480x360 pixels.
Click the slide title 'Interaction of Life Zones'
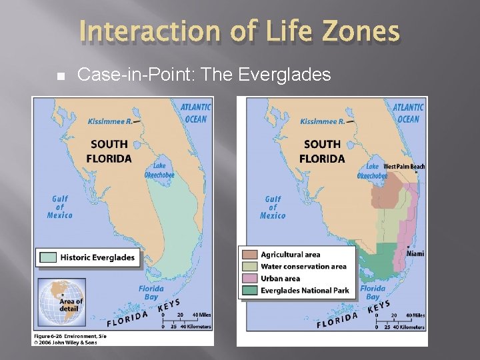pos(239,32)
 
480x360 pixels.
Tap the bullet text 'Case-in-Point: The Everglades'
pos(204,75)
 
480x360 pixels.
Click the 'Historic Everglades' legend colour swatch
pos(48,257)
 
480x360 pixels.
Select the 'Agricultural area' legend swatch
pos(250,255)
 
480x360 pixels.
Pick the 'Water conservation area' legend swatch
pos(250,267)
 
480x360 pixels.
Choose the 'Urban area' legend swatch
pos(250,279)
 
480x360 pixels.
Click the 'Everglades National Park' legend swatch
pos(250,291)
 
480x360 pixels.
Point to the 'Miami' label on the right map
pos(415,254)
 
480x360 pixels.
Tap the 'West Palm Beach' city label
pos(404,166)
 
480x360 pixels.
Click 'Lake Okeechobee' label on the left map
pos(159,170)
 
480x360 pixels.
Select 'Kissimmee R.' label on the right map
pos(322,121)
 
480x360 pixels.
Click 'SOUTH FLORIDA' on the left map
pos(109,151)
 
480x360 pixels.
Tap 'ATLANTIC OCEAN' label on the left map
pos(195,113)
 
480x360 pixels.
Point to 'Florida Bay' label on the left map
pos(151,293)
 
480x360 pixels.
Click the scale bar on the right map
pos(400,321)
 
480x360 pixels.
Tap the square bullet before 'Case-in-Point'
pos(61,75)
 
